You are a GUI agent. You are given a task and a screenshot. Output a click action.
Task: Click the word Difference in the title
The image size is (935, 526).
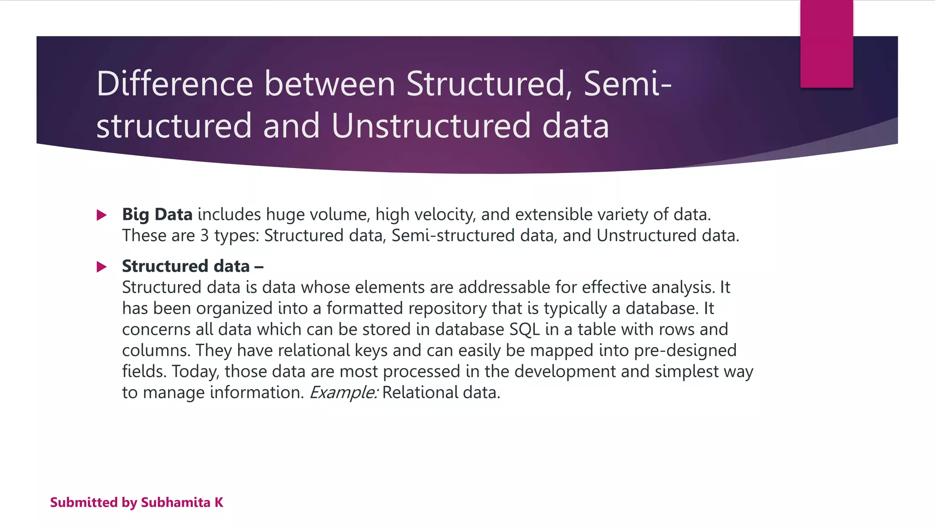[174, 84]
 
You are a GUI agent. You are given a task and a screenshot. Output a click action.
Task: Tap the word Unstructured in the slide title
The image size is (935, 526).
[431, 126]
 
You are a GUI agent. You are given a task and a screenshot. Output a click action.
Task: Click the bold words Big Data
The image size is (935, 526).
[157, 215]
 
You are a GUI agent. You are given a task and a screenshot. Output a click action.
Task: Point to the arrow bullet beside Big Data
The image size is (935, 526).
[102, 215]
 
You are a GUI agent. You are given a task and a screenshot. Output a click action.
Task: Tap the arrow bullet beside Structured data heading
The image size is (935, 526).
[102, 267]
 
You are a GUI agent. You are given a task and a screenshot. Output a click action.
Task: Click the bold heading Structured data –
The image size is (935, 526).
[192, 266]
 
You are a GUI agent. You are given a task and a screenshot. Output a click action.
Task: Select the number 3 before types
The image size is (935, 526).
[204, 236]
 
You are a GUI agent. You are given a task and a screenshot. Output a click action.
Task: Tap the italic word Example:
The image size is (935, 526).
[344, 393]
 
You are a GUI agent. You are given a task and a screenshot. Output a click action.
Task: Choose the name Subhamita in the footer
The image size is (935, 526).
[175, 503]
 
